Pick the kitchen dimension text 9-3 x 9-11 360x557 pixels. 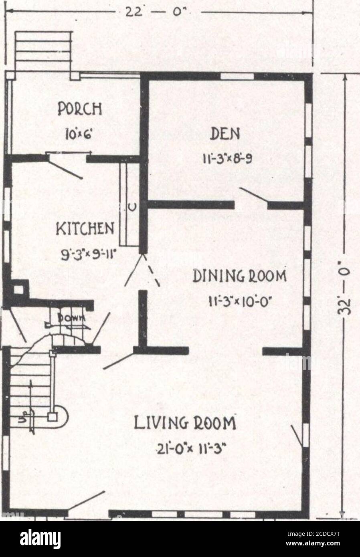[86, 253]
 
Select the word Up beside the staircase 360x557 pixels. [23, 420]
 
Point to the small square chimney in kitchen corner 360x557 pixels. [18, 289]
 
